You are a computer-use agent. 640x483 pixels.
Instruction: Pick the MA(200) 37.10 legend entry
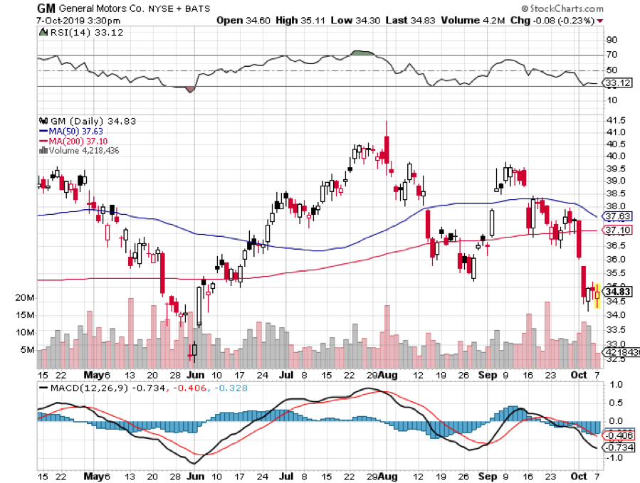[x=77, y=140]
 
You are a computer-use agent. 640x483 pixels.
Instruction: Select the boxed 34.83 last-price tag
[x=616, y=291]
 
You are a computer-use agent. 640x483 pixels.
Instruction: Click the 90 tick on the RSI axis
[x=610, y=41]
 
